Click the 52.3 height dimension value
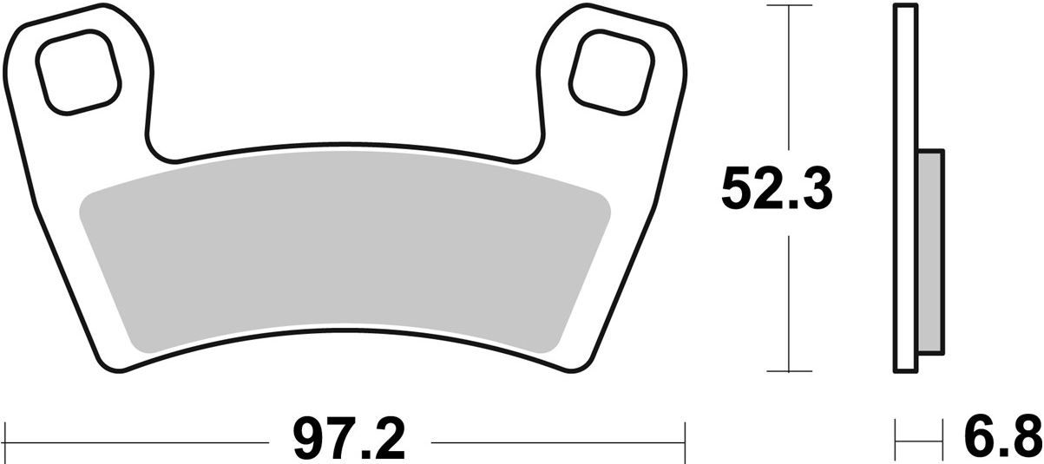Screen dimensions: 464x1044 pos(777,191)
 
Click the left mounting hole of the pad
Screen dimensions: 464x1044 pos(78,72)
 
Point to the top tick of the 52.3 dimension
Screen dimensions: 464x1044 pos(788,7)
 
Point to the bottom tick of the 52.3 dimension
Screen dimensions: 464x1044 pos(788,371)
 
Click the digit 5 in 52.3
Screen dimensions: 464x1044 pos(738,191)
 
